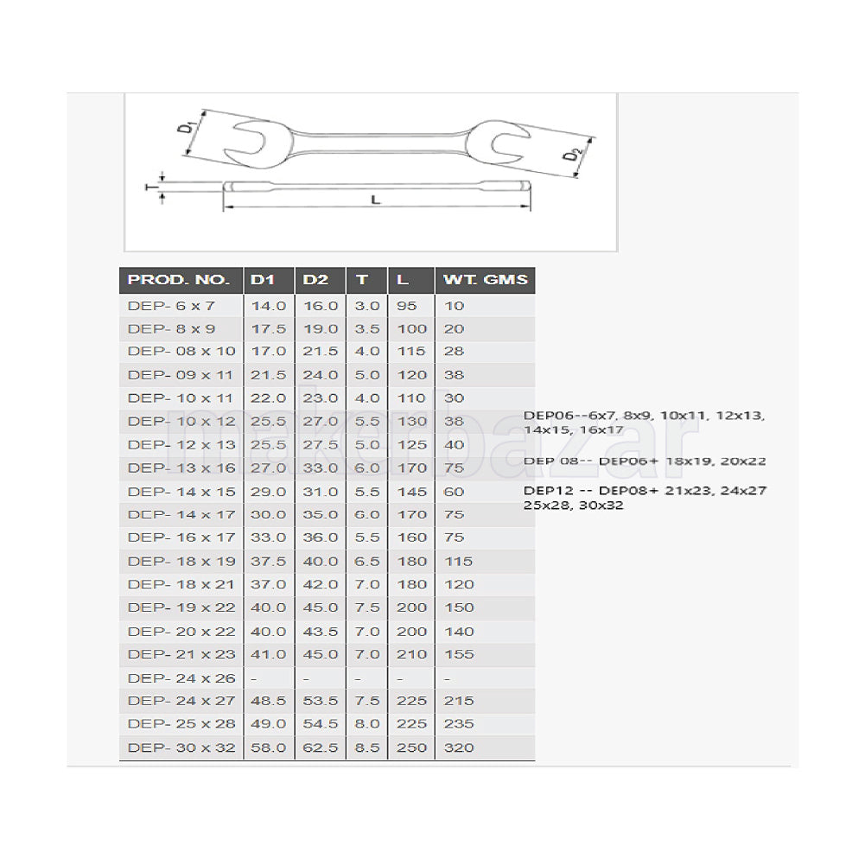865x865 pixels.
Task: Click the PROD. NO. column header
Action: pos(179,280)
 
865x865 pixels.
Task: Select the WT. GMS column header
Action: pos(484,280)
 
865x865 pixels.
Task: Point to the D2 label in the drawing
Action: pos(570,156)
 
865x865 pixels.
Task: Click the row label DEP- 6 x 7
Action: pos(171,305)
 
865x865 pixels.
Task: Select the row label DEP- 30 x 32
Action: pos(181,747)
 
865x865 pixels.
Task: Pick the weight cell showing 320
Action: pos(459,747)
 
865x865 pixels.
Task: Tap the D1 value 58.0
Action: pos(269,747)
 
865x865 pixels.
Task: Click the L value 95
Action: pos(406,305)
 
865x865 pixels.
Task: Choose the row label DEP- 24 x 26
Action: pos(181,678)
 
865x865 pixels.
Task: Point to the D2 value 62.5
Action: pos(321,747)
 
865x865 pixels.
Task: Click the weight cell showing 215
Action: pos(459,701)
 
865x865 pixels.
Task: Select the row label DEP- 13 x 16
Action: pos(181,467)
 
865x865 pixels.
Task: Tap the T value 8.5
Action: pos(366,747)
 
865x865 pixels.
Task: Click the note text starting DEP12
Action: pos(645,497)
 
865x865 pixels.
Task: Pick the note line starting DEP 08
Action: pos(645,461)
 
